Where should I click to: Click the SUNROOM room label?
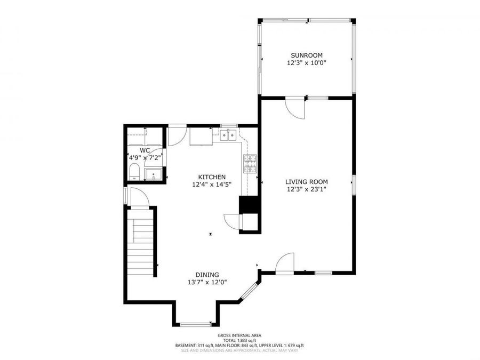coord(306,55)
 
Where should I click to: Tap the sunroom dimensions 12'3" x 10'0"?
coord(306,63)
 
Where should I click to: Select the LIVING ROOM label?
coord(307,181)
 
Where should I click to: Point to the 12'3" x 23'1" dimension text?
coord(307,189)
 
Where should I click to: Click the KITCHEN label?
coord(212,177)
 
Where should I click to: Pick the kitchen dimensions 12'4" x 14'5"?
coord(212,185)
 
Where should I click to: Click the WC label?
coord(145,151)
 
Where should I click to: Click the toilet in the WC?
coord(134,172)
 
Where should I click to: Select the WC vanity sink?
coord(153,174)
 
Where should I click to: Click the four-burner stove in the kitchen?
coord(250,164)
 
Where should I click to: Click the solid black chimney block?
coord(248,205)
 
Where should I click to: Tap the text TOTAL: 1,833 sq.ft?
coord(239,340)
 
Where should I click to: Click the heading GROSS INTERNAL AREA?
coord(239,335)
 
